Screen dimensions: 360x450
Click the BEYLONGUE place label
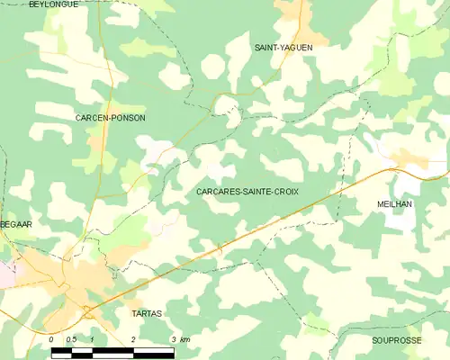click(x=53, y=4)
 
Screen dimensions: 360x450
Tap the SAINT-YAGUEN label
click(x=283, y=47)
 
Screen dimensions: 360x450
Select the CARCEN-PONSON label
click(x=112, y=118)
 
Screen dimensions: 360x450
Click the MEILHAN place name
click(x=394, y=205)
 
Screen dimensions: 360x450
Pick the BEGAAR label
click(x=16, y=223)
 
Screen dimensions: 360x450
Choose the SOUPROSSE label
click(x=396, y=341)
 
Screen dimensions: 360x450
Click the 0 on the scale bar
click(x=52, y=339)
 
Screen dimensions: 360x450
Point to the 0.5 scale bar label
click(x=72, y=339)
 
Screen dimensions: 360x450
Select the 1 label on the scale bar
click(x=92, y=339)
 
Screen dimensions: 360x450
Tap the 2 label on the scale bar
click(x=132, y=339)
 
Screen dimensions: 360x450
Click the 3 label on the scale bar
click(x=173, y=339)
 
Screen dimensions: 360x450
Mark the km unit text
click(x=184, y=339)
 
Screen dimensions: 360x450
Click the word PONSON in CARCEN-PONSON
click(x=129, y=118)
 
